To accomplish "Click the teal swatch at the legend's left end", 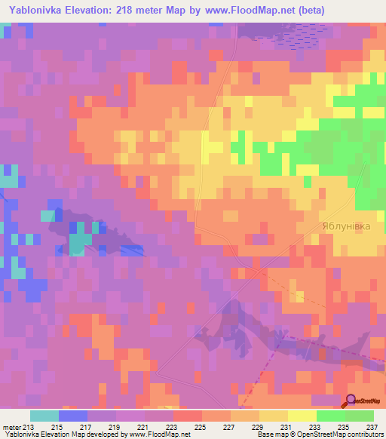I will [x=44, y=416].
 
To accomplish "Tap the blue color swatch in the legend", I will [x=73, y=416].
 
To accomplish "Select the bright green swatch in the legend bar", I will [x=330, y=416].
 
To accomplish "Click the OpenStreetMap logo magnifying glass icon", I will [x=351, y=400].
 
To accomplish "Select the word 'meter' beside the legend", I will [x=12, y=427].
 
